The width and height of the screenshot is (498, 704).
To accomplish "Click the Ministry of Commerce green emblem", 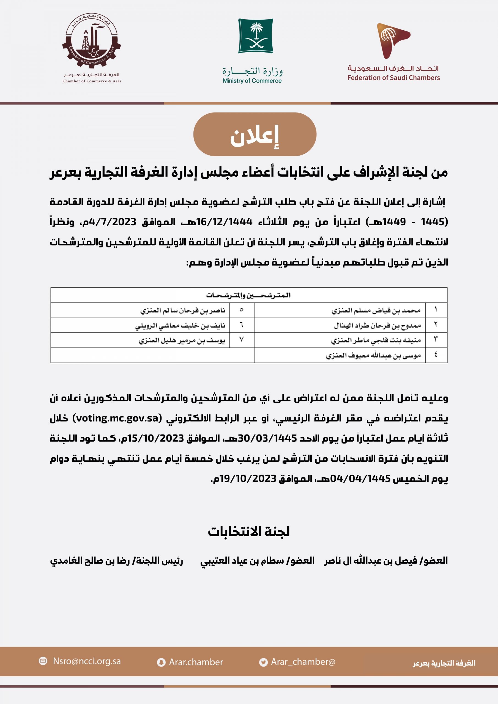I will (255, 35).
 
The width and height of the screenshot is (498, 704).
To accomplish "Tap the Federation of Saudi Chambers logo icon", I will (393, 40).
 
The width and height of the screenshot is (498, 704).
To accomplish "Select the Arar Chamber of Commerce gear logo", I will (91, 42).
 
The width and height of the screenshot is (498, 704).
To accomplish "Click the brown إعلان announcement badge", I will (255, 134).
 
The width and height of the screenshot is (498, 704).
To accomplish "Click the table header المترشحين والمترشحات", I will (248, 295).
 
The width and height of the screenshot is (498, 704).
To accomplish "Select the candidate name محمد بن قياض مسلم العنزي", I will (376, 310).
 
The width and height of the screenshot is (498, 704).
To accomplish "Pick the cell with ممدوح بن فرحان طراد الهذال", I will (377, 325).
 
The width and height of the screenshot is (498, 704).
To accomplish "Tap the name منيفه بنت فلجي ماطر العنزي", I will (376, 340).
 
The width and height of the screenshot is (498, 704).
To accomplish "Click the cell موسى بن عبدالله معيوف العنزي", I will (373, 355).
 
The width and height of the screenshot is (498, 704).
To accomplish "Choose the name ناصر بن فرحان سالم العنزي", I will (183, 310).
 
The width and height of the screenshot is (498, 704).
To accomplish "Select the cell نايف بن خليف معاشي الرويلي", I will (180, 325).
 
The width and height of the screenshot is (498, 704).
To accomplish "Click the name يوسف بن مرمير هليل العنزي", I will (182, 340).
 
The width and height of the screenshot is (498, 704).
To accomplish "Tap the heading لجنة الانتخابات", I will (248, 531).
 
